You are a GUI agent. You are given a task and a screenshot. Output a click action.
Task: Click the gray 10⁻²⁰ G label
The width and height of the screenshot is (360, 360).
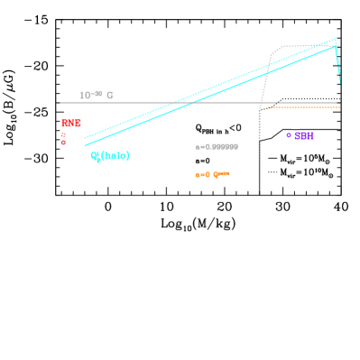97,95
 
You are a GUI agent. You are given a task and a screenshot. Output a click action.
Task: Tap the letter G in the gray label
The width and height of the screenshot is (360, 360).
110,95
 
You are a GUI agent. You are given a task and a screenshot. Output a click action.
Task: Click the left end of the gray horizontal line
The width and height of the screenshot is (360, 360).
60,103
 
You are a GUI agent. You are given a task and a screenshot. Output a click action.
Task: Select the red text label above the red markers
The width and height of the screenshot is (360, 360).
71,123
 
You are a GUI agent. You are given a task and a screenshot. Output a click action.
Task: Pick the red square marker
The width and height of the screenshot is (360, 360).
63,134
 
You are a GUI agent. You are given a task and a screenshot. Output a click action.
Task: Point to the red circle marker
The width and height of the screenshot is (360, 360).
63,143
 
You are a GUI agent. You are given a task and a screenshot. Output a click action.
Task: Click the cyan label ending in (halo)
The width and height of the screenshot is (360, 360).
110,156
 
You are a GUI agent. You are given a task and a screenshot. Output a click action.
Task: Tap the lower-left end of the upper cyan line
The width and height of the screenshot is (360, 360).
85,138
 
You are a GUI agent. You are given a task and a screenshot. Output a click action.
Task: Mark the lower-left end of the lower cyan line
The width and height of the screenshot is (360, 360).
85,145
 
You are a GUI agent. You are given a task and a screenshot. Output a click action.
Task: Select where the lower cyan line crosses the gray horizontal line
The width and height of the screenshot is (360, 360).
195,103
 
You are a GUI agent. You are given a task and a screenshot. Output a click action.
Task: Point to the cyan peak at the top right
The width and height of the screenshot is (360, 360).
336,39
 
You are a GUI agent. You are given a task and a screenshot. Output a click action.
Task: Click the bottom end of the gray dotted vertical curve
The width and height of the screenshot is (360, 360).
259,190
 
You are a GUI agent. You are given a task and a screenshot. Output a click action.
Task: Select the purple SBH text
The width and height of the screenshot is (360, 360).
304,136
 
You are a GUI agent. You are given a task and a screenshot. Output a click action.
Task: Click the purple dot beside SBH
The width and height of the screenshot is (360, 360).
289,135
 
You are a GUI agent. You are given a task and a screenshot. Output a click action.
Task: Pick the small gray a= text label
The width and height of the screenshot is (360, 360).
217,146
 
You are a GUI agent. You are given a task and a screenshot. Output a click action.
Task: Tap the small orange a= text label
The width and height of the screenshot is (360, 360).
212,175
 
